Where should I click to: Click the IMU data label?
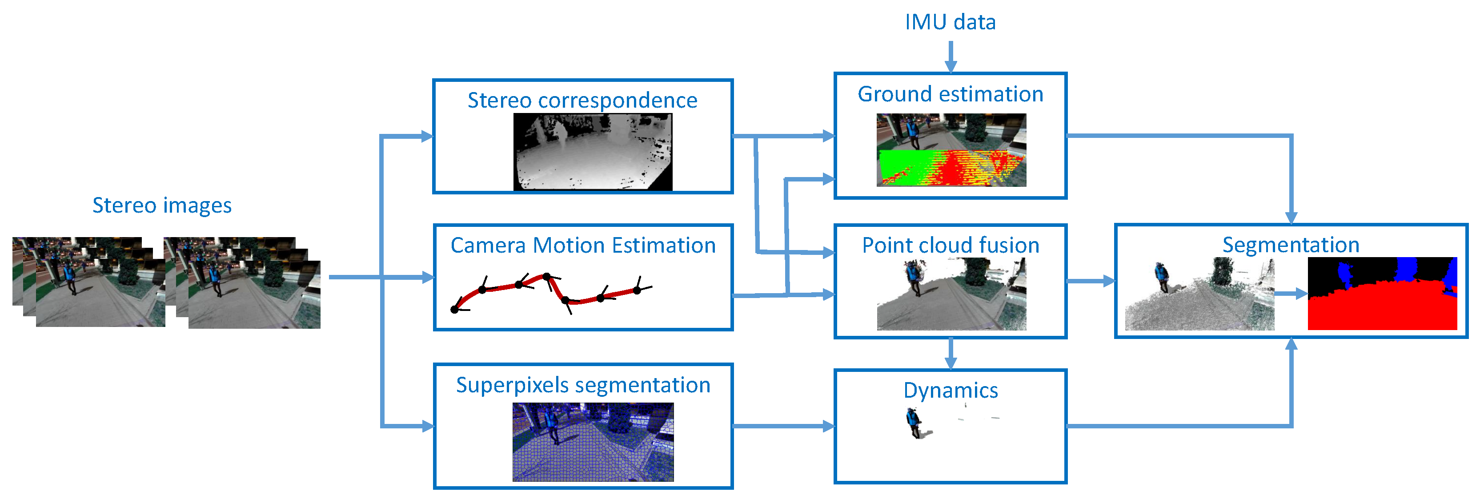(x=950, y=22)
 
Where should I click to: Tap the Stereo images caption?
(x=162, y=205)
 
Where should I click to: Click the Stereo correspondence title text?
(x=582, y=100)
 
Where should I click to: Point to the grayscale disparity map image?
(x=592, y=152)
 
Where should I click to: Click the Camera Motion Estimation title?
(x=582, y=246)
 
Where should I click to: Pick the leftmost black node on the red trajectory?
(x=454, y=310)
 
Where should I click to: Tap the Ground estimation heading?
(x=950, y=94)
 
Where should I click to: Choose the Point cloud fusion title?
(x=950, y=246)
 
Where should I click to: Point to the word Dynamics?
(x=950, y=390)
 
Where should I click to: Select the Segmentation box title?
(x=1291, y=245)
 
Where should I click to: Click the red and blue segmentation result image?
(x=1382, y=294)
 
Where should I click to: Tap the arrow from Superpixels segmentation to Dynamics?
(x=784, y=426)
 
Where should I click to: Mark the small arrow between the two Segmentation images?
(x=1291, y=294)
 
